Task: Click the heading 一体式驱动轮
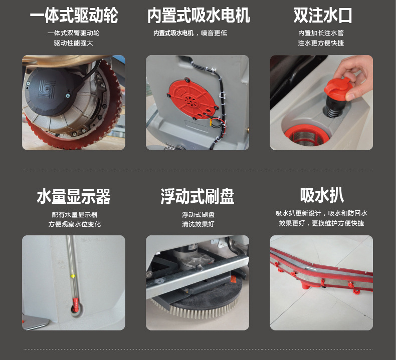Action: coord(74,16)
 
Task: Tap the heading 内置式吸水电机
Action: coord(199,16)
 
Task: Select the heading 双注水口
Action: coord(322,16)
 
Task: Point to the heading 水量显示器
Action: coord(74,196)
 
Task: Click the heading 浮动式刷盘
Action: coord(197,196)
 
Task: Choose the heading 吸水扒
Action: coord(322,195)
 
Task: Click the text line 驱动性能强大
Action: coord(74,43)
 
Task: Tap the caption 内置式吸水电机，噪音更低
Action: coord(190,33)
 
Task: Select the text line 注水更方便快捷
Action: coord(321,43)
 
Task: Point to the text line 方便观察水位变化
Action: coord(75,224)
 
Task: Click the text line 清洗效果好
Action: coord(199,224)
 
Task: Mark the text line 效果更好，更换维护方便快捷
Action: coord(321,223)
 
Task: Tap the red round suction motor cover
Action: coord(192,99)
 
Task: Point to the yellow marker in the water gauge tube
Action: coord(73,276)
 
